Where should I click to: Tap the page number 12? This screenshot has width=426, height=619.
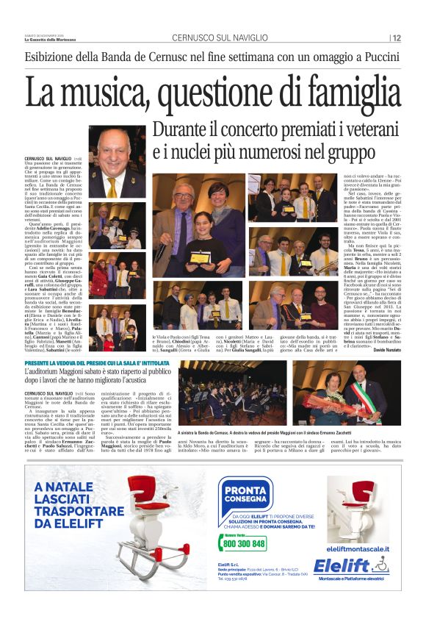[x=397, y=38]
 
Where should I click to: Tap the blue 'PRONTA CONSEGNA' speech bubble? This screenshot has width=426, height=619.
[x=245, y=491]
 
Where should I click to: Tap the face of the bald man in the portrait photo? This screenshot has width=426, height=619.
[x=117, y=155]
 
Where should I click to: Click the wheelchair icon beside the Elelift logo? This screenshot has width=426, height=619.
[x=380, y=565]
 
